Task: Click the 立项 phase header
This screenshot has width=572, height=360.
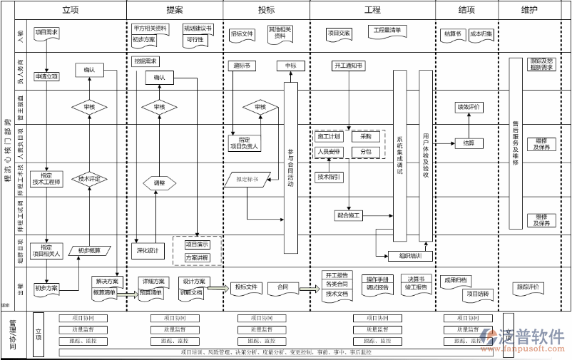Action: click(70, 10)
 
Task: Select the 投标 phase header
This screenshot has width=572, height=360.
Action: click(266, 10)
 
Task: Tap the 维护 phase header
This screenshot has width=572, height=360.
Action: click(529, 10)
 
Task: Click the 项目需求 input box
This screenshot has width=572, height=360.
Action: click(47, 33)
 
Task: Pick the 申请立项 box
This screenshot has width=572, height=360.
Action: click(46, 76)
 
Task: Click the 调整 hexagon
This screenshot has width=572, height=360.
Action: click(159, 182)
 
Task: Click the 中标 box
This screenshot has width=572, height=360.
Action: click(290, 66)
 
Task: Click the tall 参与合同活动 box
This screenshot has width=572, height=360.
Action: click(290, 168)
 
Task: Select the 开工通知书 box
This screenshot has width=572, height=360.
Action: click(348, 66)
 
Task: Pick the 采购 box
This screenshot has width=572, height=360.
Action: click(366, 136)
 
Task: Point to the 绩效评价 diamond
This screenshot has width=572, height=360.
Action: click(469, 107)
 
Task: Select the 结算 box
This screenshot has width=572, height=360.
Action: click(469, 143)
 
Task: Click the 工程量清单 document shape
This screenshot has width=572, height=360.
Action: click(387, 31)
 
